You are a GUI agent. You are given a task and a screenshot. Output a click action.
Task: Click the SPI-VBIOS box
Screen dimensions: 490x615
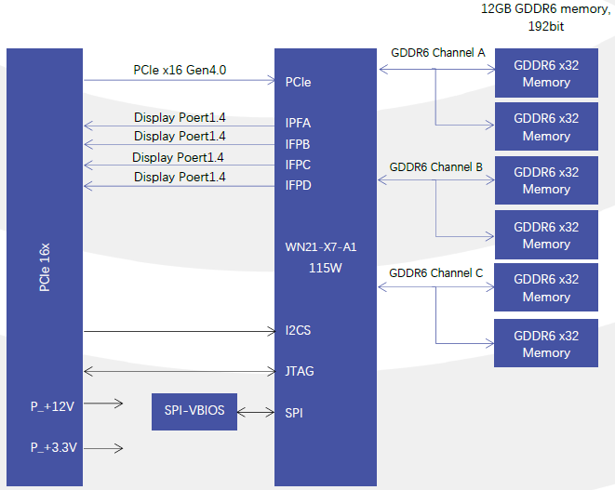pyautogui.click(x=194, y=411)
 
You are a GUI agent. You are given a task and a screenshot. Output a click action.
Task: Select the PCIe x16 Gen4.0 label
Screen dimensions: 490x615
pyautogui.click(x=180, y=70)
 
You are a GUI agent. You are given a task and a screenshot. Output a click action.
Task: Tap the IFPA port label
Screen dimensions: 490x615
pyautogui.click(x=298, y=123)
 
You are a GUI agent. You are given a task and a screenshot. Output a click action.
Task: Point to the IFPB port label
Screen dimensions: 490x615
pyautogui.click(x=298, y=144)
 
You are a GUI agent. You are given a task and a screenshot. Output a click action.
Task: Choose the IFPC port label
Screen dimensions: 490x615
pyautogui.click(x=298, y=165)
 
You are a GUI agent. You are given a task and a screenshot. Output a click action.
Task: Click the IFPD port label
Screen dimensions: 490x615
pyautogui.click(x=298, y=186)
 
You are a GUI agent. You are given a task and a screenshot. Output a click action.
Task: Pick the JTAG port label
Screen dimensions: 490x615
pyautogui.click(x=300, y=371)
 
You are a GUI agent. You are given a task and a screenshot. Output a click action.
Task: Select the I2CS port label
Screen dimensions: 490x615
pyautogui.click(x=299, y=330)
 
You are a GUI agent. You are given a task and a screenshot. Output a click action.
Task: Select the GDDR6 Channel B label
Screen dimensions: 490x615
pyautogui.click(x=435, y=167)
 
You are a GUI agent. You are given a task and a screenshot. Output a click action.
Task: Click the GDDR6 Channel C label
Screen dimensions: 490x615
pyautogui.click(x=435, y=273)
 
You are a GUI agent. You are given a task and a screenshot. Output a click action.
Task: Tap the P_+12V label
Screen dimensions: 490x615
pyautogui.click(x=53, y=405)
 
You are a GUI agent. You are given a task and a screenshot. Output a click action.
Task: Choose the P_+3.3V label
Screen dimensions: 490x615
pyautogui.click(x=53, y=447)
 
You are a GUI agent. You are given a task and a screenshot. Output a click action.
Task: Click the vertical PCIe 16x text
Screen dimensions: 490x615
pyautogui.click(x=45, y=269)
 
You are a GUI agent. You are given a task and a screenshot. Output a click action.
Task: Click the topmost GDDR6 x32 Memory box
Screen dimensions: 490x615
pyautogui.click(x=546, y=73)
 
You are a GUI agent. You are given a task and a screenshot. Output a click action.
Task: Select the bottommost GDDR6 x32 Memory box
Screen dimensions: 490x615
pyautogui.click(x=546, y=344)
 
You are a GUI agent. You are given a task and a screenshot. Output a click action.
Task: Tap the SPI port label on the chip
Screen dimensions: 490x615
pyautogui.click(x=294, y=413)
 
